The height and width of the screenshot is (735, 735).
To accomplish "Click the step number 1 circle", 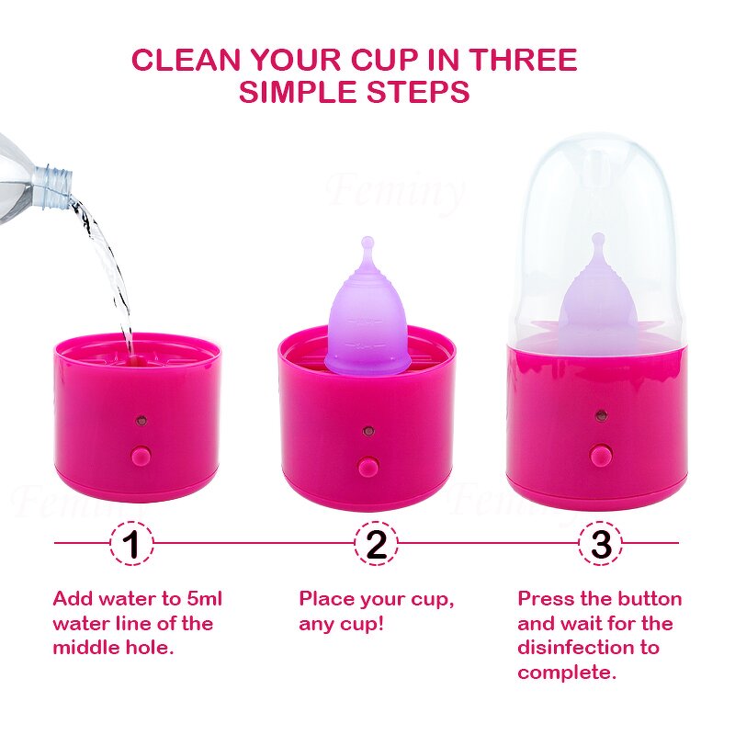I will coord(131,543).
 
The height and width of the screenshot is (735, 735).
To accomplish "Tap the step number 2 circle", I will coord(376,543).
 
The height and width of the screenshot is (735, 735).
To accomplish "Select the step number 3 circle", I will coord(601,543).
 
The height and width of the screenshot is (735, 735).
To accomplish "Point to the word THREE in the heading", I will coord(523,60).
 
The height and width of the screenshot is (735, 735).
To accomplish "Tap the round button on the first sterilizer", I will coord(141,455).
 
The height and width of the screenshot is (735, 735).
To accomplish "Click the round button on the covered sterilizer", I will coord(600,454).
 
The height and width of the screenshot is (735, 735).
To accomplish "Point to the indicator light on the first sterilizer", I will coord(141,420).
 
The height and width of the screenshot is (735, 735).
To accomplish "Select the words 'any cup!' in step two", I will coord(342,624).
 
